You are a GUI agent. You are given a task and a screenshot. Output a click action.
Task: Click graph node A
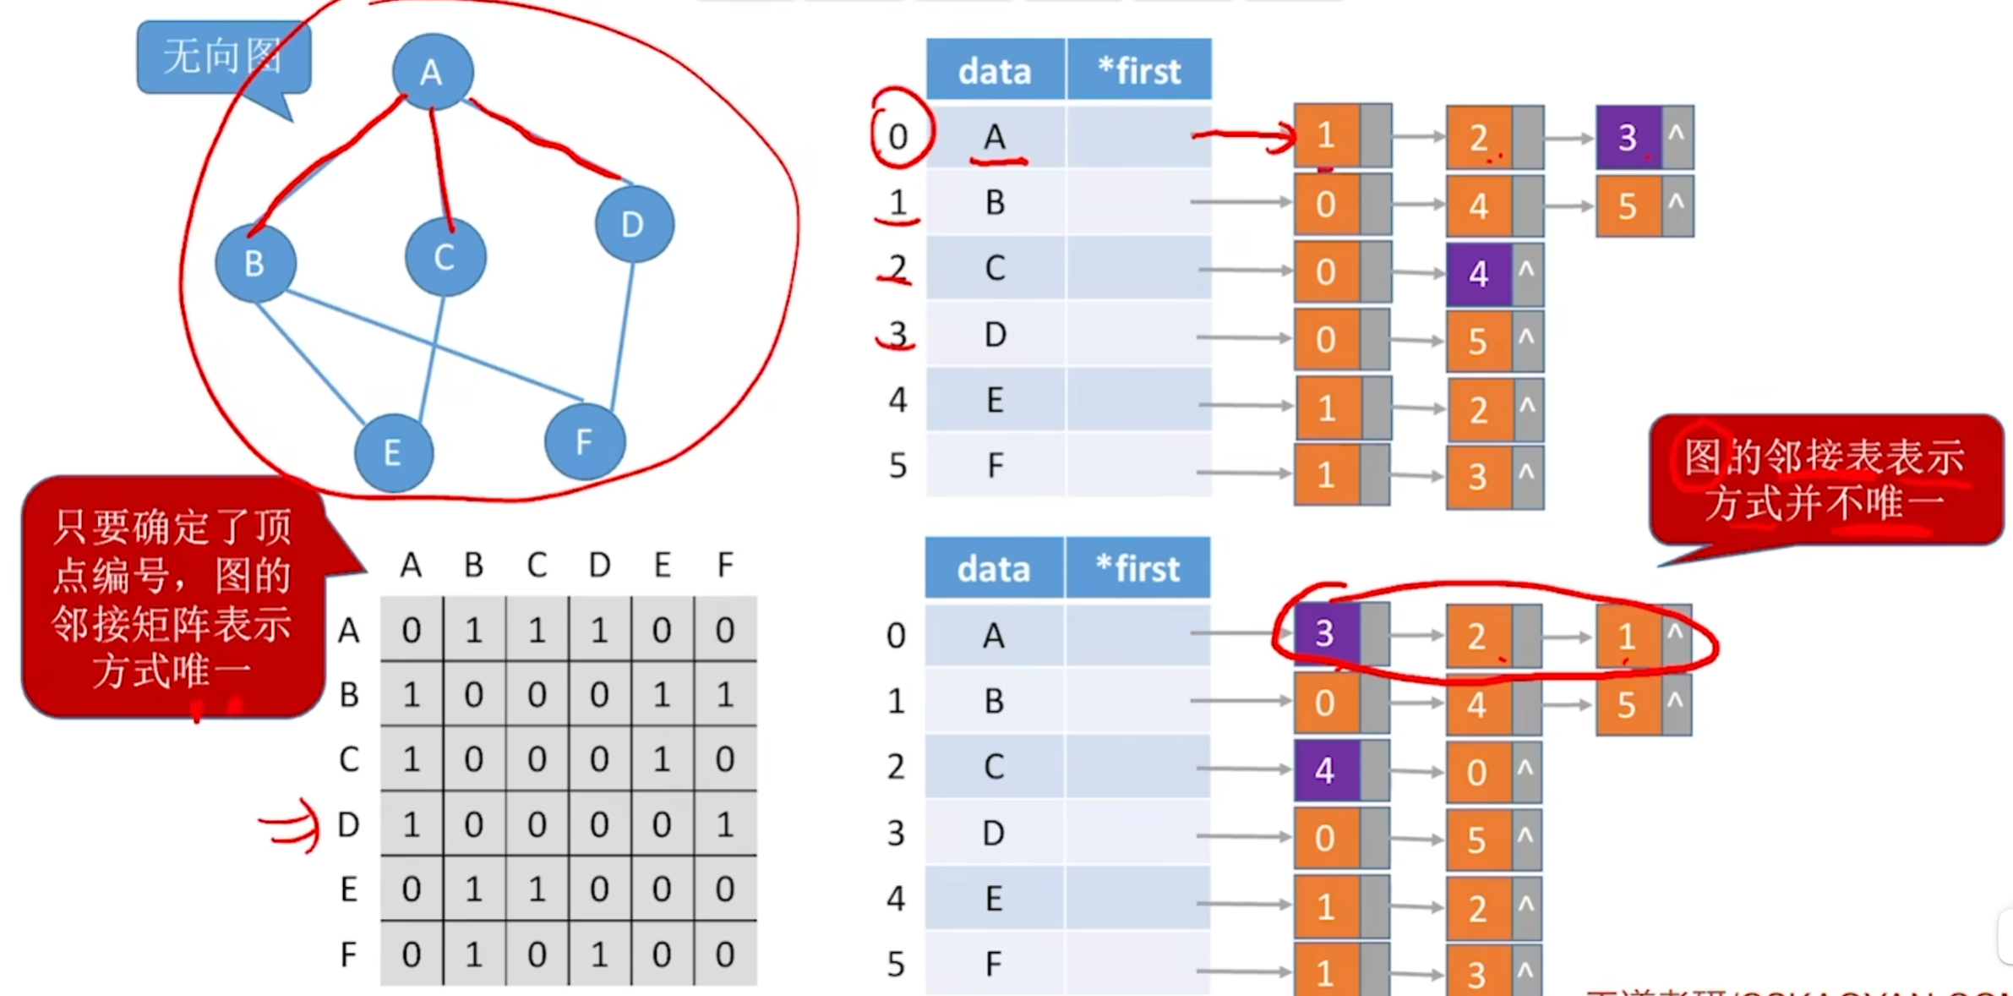(432, 72)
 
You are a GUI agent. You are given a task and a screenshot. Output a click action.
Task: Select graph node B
(255, 263)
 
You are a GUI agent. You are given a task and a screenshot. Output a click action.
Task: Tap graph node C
(445, 257)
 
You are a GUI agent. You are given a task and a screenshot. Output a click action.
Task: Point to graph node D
(633, 224)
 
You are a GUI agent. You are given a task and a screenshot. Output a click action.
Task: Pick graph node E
(393, 453)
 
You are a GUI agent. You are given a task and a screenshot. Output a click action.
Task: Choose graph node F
(585, 441)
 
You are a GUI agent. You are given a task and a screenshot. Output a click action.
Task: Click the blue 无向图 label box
(222, 57)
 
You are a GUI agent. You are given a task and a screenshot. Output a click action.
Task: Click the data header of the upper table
(996, 70)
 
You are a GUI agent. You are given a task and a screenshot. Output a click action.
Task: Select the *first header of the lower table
(1137, 568)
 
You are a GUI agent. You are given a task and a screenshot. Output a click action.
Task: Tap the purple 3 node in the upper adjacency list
(1628, 137)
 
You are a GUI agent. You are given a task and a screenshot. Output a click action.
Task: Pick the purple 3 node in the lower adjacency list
(1325, 633)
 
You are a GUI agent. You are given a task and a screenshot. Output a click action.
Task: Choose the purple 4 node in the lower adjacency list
(1325, 770)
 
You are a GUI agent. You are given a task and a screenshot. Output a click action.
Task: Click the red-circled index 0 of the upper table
(898, 136)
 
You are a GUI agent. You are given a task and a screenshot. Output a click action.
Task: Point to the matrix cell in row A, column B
(474, 630)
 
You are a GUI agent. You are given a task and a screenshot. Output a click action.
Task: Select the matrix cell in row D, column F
(725, 824)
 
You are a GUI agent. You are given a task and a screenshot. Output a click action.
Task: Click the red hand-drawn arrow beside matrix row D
(292, 825)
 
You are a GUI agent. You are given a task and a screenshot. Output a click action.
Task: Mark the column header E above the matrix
(663, 565)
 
